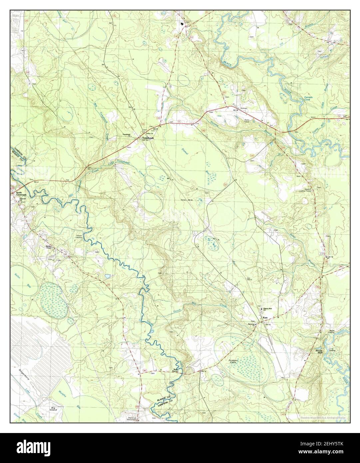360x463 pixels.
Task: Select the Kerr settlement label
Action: coord(265,318)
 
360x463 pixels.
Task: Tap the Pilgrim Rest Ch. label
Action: coord(268,310)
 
